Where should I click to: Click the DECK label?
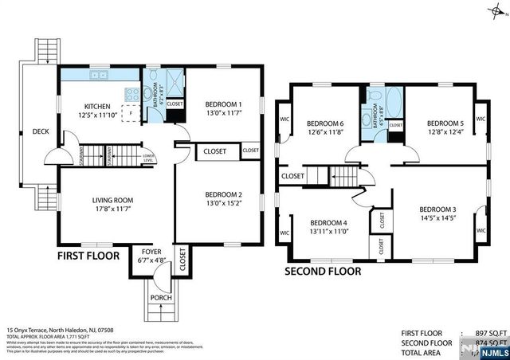point(39,131)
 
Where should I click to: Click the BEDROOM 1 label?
point(223,104)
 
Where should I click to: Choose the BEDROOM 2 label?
point(223,194)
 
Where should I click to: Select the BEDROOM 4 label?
point(328,222)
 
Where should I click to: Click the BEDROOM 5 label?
point(445,123)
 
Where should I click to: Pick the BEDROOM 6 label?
point(325,123)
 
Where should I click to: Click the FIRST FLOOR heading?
point(88,256)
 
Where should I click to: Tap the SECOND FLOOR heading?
point(323,271)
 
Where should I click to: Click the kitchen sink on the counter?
point(100,76)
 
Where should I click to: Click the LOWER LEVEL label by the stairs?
point(148,158)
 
